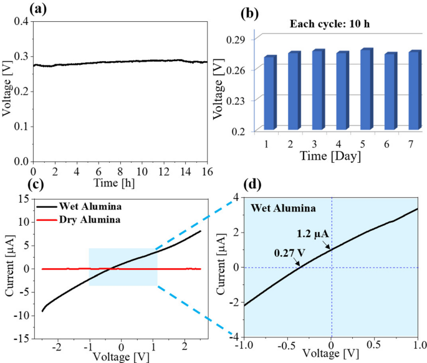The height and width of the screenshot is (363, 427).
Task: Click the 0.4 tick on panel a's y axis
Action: (x=21, y=22)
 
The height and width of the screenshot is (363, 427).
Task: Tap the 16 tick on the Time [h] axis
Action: (x=207, y=171)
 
